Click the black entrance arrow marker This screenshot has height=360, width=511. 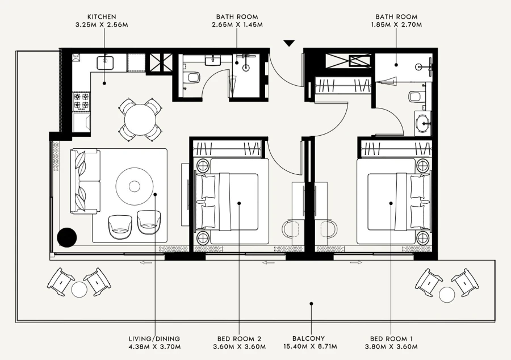(289, 43)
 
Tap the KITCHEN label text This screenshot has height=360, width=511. (103, 17)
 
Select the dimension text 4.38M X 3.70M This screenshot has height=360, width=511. (154, 346)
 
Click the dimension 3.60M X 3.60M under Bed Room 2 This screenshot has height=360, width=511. (240, 346)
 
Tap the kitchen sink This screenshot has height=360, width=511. (105, 62)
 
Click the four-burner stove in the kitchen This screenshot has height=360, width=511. (80, 102)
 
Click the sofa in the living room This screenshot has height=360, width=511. (85, 181)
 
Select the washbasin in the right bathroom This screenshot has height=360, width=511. (423, 122)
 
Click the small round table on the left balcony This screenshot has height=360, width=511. (79, 290)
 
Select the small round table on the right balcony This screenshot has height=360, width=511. (447, 294)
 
